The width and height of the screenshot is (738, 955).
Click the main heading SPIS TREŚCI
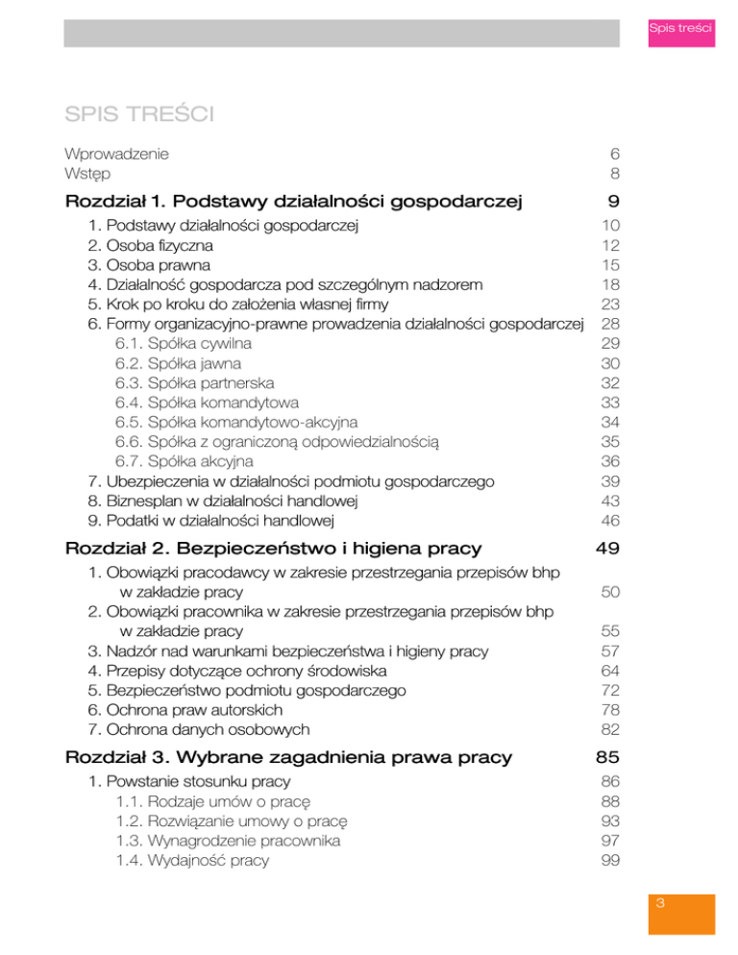pos(138,116)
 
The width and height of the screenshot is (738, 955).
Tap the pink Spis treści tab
pos(679,29)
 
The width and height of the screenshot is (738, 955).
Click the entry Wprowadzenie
pos(116,154)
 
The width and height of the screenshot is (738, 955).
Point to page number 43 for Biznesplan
pos(609,502)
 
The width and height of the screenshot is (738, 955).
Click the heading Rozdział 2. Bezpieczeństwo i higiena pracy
pos(273,549)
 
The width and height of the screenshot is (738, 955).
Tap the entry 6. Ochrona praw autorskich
pos(183,709)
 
